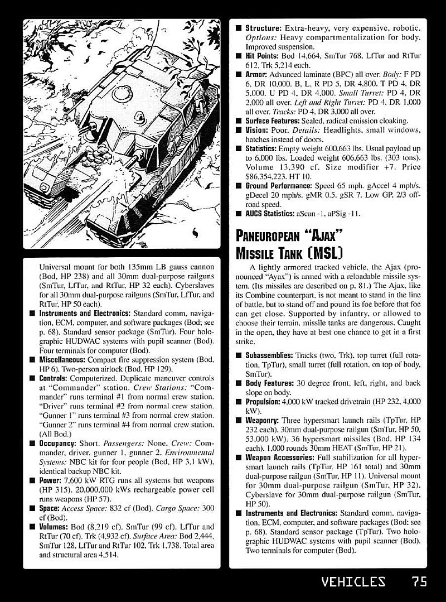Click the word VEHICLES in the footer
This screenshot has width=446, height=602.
(x=353, y=581)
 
